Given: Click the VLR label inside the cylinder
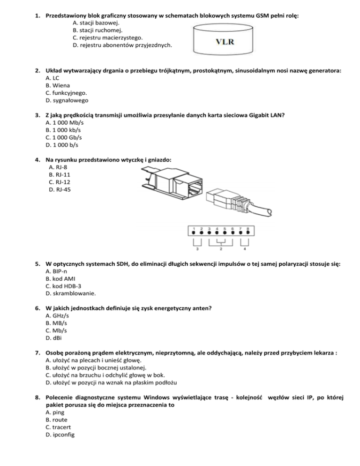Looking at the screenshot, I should point(225,41).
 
